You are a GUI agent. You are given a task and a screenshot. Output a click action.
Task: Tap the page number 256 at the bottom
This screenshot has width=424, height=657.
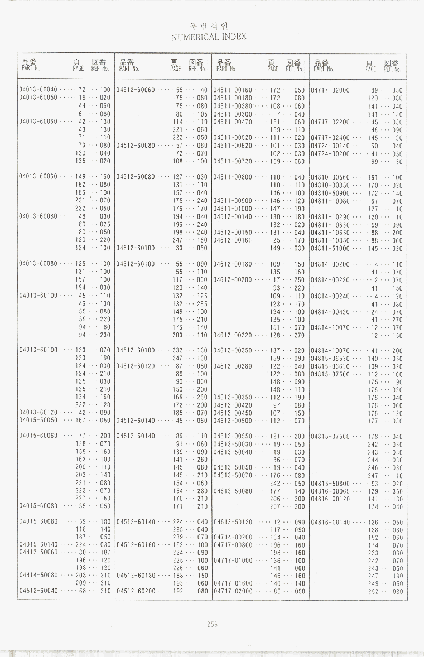click(x=211, y=625)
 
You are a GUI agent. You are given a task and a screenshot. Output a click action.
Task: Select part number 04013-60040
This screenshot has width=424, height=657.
click(x=38, y=90)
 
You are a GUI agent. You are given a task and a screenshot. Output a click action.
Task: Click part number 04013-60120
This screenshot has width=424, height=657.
click(x=38, y=413)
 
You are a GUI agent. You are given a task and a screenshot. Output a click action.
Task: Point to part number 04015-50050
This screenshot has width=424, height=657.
click(x=38, y=420)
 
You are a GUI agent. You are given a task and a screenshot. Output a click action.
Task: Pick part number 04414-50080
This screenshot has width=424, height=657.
click(x=38, y=574)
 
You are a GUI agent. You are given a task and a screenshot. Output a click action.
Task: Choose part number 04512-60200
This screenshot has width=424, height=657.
click(x=136, y=590)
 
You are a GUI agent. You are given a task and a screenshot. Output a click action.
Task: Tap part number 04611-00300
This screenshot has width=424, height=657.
click(x=233, y=114)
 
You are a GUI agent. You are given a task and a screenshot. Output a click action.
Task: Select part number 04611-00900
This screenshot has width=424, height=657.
click(x=233, y=201)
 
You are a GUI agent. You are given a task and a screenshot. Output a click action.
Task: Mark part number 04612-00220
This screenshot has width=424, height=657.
click(x=233, y=336)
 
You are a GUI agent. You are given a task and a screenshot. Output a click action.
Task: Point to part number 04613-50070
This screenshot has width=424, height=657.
click(x=233, y=475)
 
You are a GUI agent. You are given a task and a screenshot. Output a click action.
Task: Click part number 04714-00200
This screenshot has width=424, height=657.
click(x=233, y=537)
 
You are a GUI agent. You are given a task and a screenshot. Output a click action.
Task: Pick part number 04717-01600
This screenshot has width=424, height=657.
click(x=233, y=583)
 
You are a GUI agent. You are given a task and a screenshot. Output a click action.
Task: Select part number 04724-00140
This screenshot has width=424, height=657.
click(x=330, y=146)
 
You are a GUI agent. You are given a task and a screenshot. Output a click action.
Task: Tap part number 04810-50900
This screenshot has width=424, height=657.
click(x=330, y=193)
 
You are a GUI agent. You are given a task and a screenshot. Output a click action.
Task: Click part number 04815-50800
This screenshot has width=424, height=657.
click(x=330, y=484)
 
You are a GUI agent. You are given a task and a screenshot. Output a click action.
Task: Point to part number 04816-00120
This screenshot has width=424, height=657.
click(x=330, y=499)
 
